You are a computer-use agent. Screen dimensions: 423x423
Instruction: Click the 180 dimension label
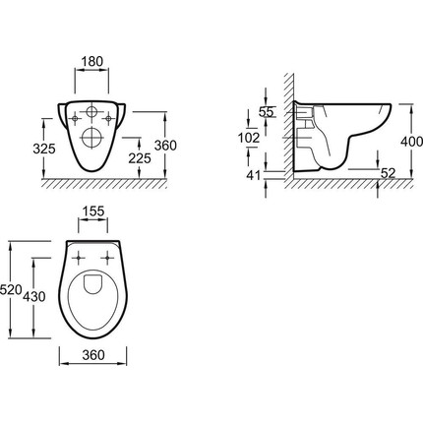click(91, 61)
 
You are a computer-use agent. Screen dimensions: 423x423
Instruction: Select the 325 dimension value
click(44, 149)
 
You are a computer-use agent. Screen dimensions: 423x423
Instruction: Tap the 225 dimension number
click(140, 158)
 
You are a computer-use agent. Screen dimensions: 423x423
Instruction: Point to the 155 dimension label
click(92, 211)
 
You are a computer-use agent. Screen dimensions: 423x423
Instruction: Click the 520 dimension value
click(11, 290)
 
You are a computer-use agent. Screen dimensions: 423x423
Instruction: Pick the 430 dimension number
click(34, 297)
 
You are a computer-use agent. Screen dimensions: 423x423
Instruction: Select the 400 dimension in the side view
click(412, 142)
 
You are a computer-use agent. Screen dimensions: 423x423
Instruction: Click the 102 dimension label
click(249, 138)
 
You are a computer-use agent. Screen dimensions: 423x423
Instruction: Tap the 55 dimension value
click(266, 112)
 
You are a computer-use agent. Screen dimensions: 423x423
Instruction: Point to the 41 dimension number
click(253, 175)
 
